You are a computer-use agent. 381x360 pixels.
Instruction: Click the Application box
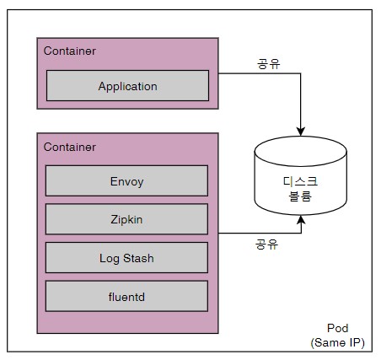[127, 85]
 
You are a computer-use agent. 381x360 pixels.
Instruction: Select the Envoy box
[126, 180]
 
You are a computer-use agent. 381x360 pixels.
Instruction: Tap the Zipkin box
[126, 219]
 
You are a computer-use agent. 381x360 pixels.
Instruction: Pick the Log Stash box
[126, 258]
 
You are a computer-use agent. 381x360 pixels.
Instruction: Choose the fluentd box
[126, 296]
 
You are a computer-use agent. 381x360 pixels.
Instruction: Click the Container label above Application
[70, 51]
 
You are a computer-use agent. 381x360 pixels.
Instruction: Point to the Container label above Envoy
[70, 147]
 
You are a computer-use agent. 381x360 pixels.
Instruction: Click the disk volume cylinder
[300, 175]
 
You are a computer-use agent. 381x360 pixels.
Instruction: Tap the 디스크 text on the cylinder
[300, 181]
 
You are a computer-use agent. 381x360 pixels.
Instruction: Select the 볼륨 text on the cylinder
[300, 196]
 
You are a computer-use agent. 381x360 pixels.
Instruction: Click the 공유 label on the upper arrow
[269, 64]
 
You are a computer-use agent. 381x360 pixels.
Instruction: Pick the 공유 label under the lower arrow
[266, 244]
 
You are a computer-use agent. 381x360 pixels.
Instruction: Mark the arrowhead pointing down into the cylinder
[301, 132]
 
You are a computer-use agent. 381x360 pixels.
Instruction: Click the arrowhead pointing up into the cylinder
[301, 220]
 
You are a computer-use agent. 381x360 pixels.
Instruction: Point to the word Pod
[338, 328]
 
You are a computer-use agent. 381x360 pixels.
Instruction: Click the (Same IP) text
[337, 342]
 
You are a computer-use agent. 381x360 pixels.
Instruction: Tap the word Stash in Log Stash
[138, 258]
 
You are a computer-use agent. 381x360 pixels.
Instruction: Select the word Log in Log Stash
[110, 259]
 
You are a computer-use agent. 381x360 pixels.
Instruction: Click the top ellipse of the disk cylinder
[300, 151]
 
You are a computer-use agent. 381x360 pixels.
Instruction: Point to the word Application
[127, 87]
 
